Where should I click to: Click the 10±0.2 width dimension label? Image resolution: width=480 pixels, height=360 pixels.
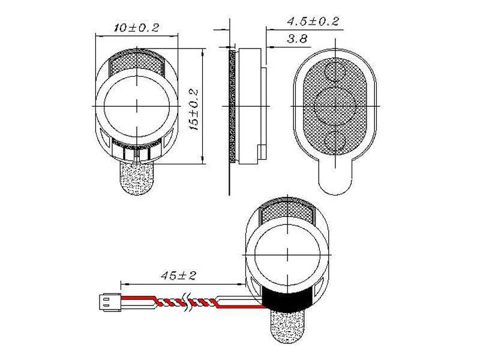[x=137, y=28]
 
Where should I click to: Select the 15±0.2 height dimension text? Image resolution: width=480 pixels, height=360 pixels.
[x=194, y=110]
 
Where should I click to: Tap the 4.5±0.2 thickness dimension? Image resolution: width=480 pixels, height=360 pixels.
[x=313, y=22]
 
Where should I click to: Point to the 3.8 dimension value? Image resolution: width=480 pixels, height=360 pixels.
[x=297, y=39]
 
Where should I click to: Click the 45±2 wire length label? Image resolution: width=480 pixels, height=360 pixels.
[x=178, y=275]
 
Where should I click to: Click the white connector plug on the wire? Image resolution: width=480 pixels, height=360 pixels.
[x=110, y=302]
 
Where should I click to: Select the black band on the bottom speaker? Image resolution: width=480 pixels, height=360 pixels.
[x=287, y=300]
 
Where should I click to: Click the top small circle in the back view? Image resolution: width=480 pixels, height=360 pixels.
[x=335, y=71]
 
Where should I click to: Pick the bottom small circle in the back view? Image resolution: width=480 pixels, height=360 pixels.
[x=335, y=141]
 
